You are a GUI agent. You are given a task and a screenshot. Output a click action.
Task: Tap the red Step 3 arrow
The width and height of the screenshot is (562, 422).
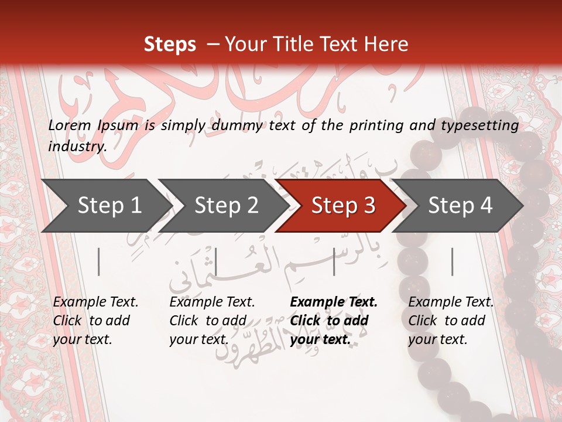pos(343,206)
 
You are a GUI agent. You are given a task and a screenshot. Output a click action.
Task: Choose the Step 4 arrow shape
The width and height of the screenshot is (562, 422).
pos(460,206)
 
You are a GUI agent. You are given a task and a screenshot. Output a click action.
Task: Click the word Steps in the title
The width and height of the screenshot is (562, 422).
pos(170,45)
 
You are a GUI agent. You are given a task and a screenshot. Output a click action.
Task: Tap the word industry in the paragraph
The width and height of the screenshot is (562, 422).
pos(77,147)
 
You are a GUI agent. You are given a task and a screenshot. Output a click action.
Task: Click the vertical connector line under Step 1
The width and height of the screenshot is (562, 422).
pos(99,261)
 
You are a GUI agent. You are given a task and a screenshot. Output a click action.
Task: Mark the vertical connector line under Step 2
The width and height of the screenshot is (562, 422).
pos(216,261)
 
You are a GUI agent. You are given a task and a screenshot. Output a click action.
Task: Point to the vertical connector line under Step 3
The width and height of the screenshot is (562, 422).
pos(334,261)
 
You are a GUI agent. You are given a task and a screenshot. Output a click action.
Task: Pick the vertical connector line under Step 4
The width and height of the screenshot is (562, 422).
pos(452,261)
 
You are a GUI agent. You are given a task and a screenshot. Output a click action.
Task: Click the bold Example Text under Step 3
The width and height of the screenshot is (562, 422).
pos(334,302)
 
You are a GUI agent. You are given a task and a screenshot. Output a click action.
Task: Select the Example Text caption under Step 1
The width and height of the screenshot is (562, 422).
pos(95,302)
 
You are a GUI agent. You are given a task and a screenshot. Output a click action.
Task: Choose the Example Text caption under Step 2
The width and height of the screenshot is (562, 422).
pos(212,302)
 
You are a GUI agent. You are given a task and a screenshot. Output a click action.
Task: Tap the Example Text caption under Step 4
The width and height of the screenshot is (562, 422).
pos(451,302)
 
